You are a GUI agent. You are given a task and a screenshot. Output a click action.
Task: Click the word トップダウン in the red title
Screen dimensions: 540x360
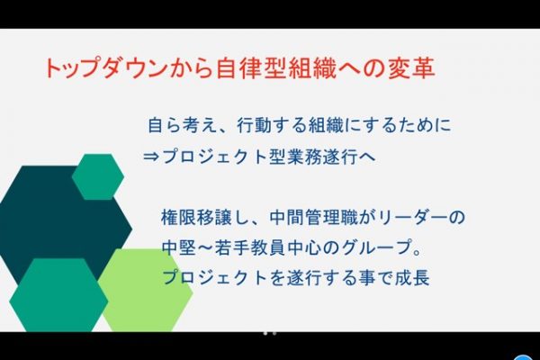pyautogui.click(x=103, y=67)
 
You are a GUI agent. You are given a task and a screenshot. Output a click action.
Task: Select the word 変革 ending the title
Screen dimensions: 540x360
pyautogui.click(x=411, y=67)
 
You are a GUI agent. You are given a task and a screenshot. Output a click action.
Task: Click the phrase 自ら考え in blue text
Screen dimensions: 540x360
pyautogui.click(x=183, y=125)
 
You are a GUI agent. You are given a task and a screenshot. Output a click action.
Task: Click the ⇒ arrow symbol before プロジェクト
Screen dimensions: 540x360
pyautogui.click(x=151, y=157)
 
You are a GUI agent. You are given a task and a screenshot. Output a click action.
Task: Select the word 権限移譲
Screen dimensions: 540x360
pyautogui.click(x=196, y=218)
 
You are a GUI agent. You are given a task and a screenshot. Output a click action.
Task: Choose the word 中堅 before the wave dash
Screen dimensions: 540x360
pyautogui.click(x=179, y=247)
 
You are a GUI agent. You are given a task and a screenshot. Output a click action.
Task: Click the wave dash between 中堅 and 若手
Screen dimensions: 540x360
pyautogui.click(x=205, y=247)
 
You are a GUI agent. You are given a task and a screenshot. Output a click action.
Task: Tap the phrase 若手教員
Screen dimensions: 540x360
pyautogui.click(x=250, y=247)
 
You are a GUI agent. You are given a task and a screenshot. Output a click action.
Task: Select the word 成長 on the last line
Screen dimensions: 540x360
pyautogui.click(x=412, y=277)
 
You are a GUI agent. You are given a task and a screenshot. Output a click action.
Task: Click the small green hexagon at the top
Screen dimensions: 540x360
pyautogui.click(x=98, y=176)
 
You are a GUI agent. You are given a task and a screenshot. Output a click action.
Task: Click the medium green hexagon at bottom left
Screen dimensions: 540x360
pyautogui.click(x=58, y=295)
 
